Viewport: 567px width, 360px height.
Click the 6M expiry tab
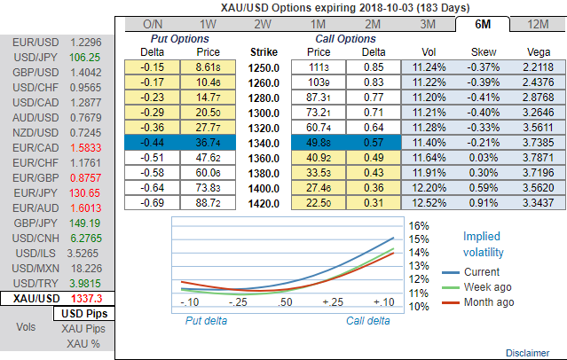coord(481,24)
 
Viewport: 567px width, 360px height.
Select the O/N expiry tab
coord(153,24)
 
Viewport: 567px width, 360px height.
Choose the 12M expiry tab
coord(536,24)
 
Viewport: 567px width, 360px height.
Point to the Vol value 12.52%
coord(426,204)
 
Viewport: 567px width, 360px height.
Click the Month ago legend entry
coord(489,302)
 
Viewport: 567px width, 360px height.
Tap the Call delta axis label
coord(367,319)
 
